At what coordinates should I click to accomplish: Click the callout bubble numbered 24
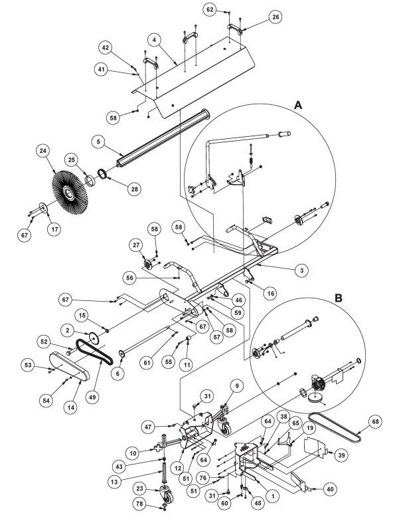click(43, 151)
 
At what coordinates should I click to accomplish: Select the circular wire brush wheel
click(70, 192)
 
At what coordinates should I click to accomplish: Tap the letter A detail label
click(298, 105)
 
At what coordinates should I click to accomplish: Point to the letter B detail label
click(339, 298)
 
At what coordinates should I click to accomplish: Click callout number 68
click(375, 421)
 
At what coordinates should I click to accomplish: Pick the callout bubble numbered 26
click(276, 17)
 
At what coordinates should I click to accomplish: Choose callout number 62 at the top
click(210, 9)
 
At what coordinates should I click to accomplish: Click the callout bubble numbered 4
click(154, 41)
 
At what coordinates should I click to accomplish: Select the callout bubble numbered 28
click(134, 189)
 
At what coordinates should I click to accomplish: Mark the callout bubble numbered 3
click(301, 270)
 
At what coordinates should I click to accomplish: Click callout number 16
click(270, 293)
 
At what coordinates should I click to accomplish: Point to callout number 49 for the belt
click(92, 397)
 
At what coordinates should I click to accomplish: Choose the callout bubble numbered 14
click(71, 407)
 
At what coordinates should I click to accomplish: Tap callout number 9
click(236, 386)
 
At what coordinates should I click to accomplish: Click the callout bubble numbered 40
click(330, 489)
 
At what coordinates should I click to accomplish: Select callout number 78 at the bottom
click(140, 504)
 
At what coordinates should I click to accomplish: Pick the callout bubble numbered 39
click(342, 455)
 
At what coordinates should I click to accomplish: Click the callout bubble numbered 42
click(105, 48)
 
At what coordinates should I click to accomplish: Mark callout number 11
click(187, 364)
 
